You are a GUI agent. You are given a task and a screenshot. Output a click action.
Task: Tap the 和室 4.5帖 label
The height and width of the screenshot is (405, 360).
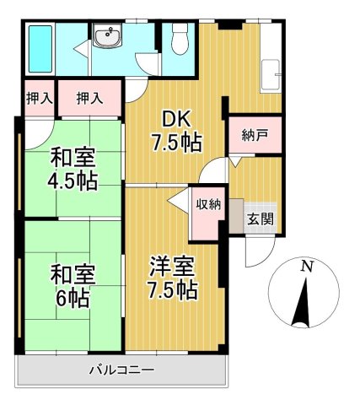click(72, 169)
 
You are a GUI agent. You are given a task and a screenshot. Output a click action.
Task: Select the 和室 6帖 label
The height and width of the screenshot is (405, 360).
click(72, 285)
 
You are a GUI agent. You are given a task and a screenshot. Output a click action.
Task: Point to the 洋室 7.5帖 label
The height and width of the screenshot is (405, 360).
click(174, 278)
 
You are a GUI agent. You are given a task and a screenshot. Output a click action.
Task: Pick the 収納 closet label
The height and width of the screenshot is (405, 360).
click(209, 203)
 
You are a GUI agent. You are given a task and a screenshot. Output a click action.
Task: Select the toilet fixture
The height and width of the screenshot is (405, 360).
click(178, 40)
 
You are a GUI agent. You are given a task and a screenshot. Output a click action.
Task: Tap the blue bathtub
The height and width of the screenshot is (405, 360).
click(40, 48)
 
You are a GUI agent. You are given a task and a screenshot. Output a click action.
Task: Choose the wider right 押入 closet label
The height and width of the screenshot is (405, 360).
click(89, 99)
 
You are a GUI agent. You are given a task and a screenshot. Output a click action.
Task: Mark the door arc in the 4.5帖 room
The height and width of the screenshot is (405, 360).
click(37, 132)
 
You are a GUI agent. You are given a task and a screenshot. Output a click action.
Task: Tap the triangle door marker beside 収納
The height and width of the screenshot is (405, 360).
click(179, 202)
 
